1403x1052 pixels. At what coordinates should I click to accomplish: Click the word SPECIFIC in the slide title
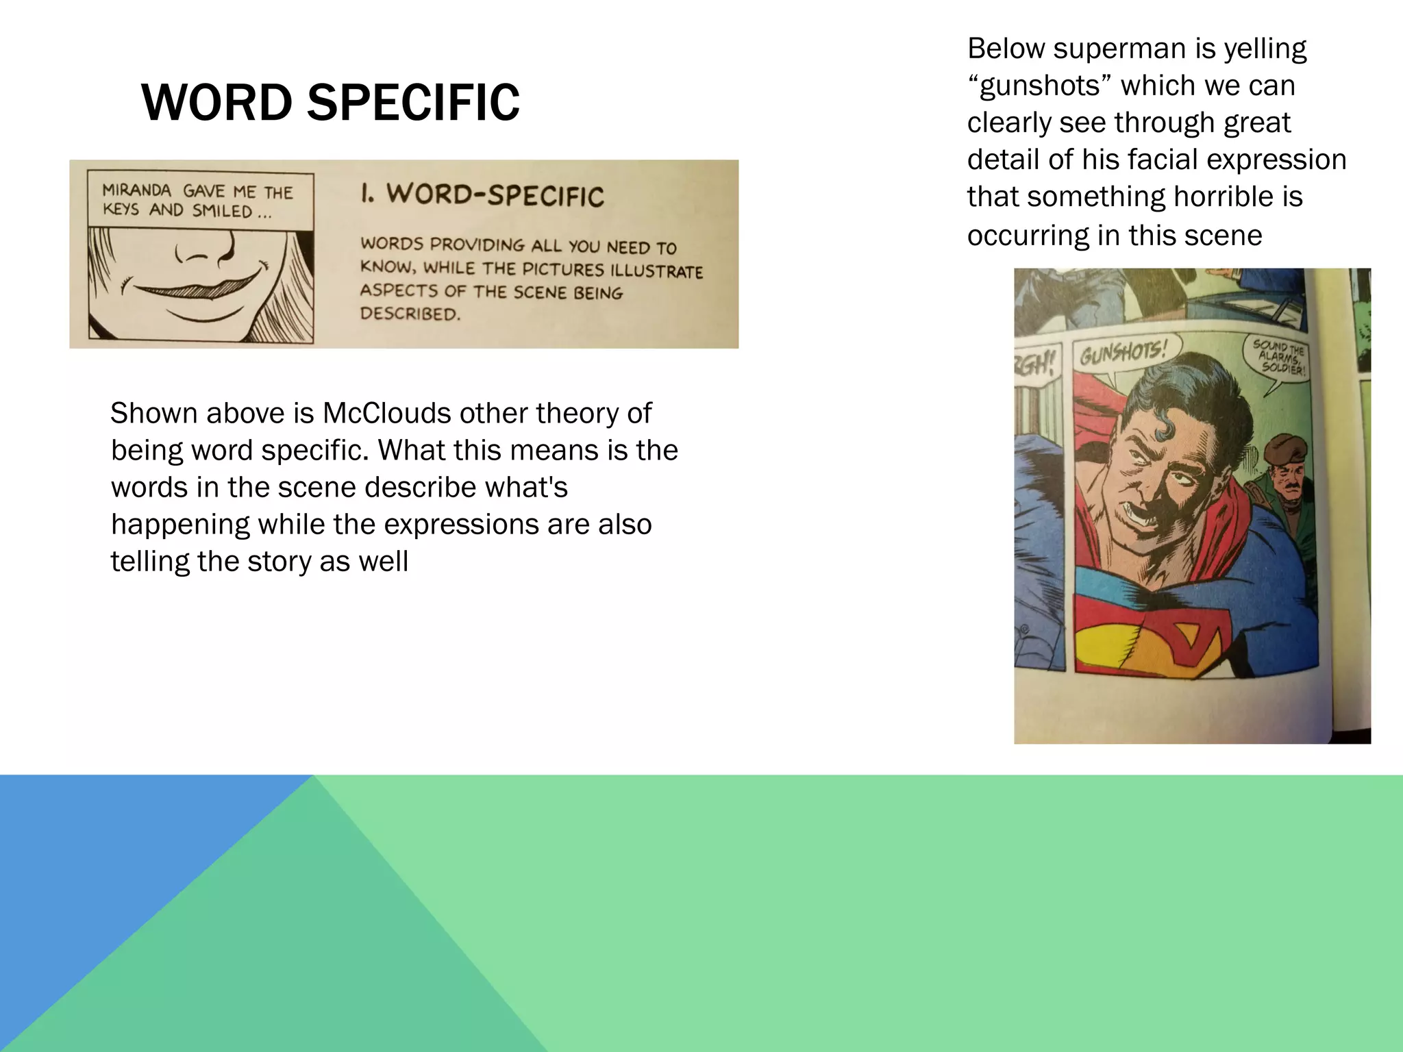(x=413, y=103)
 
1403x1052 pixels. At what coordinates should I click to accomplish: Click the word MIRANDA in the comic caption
(x=136, y=190)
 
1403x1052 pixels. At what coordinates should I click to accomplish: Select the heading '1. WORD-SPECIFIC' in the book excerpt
(x=482, y=195)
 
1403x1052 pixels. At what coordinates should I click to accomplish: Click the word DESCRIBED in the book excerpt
(x=410, y=314)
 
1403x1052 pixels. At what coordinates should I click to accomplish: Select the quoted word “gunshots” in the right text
(x=1040, y=86)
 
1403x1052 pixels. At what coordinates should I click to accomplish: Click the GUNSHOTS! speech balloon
(x=1123, y=355)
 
